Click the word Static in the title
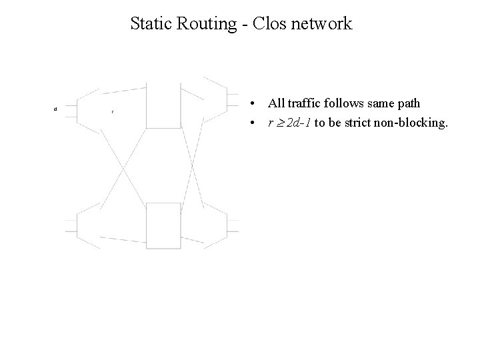(x=150, y=24)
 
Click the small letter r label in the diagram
(x=113, y=111)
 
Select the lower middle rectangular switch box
(x=163, y=225)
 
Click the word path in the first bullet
(x=408, y=105)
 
